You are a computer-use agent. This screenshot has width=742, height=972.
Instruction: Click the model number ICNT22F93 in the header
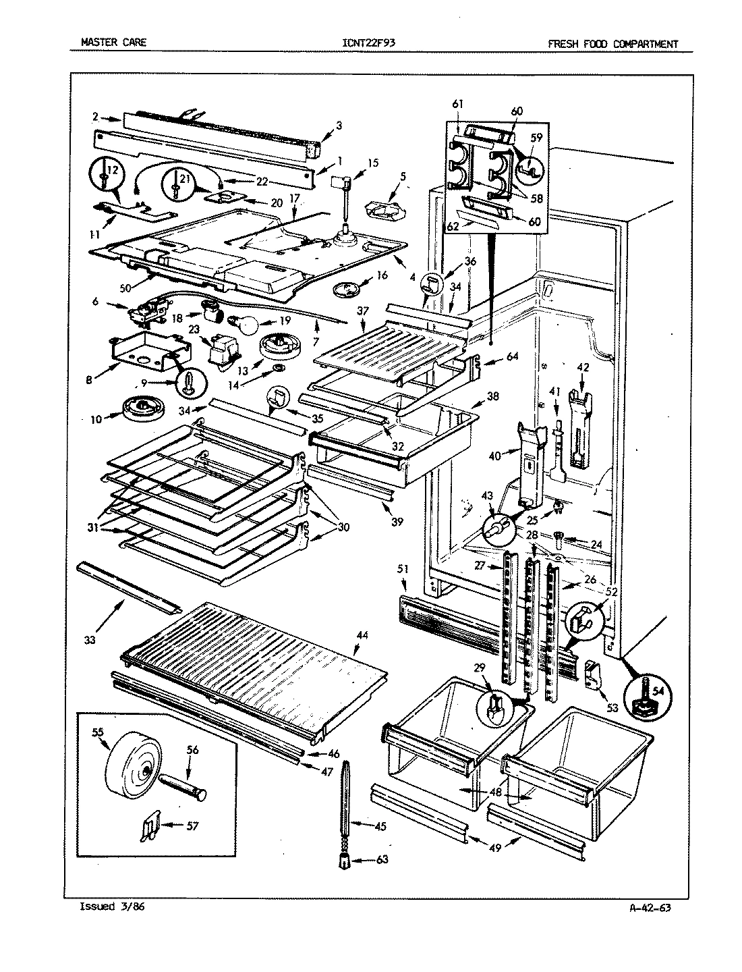point(369,44)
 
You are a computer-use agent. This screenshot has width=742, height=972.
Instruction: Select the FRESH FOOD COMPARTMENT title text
point(612,45)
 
